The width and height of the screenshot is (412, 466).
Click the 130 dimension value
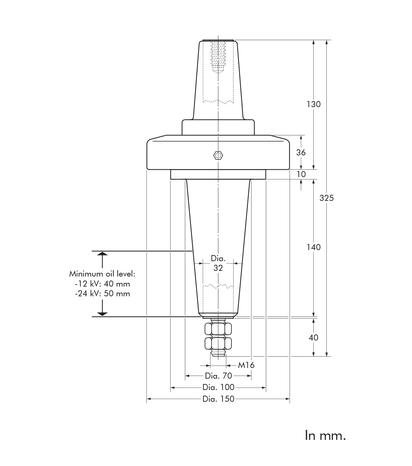coord(313,104)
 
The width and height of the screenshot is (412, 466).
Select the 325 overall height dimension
coord(326,198)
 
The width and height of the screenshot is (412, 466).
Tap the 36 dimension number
coord(301,153)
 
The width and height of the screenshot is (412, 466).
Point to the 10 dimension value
coord(301,174)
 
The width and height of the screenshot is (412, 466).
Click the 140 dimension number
coord(313,247)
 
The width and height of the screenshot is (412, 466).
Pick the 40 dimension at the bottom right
coord(313,338)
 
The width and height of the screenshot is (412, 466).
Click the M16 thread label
coord(246,365)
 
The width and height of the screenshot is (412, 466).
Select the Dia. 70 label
coord(218,376)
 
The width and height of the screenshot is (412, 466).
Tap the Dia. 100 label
coord(218,387)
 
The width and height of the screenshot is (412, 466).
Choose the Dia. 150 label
coord(218,399)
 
